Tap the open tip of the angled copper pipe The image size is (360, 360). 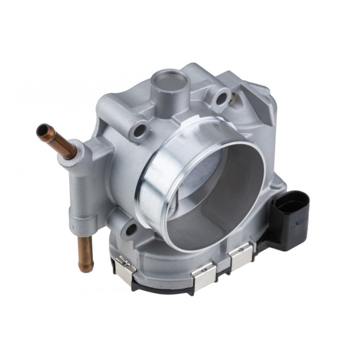40,131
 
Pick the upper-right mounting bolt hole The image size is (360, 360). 223,96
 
